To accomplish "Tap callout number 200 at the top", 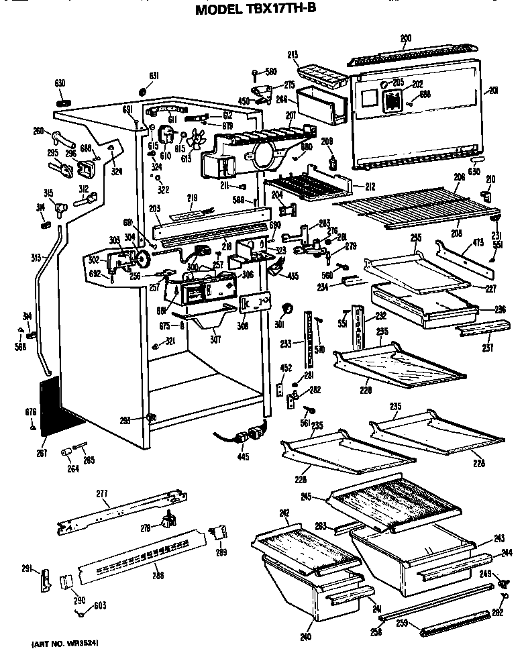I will [405, 38].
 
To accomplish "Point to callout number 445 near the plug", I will [243, 457].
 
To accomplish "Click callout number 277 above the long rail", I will [102, 494].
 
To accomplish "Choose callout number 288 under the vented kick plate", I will [158, 575].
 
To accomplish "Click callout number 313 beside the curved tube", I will [36, 257].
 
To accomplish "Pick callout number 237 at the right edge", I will [487, 347].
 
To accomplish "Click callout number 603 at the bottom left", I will [99, 606].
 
